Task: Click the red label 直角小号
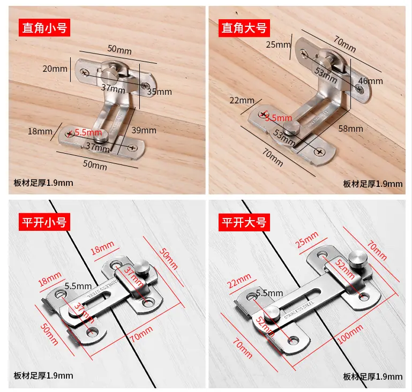(x=44, y=27)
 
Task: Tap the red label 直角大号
(x=244, y=28)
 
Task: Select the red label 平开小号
(x=44, y=222)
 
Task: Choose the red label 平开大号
(x=244, y=222)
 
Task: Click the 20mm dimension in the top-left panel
(x=55, y=69)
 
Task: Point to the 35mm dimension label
(x=160, y=92)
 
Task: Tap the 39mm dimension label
(x=144, y=130)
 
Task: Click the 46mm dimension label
(x=371, y=81)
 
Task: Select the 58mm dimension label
(x=351, y=129)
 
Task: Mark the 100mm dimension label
(x=350, y=334)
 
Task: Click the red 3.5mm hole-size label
(x=279, y=118)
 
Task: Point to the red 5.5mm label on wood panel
(x=88, y=132)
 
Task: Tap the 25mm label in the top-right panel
(x=278, y=44)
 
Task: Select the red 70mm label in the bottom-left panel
(x=141, y=334)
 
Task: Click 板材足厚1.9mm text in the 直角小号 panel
(x=43, y=183)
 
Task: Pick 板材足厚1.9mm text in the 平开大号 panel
(x=372, y=377)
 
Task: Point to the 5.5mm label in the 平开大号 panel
(x=269, y=293)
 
